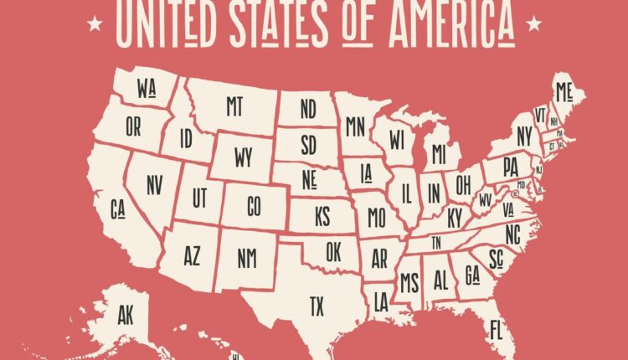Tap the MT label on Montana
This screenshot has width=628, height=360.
click(x=234, y=105)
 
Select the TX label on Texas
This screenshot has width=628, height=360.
click(x=317, y=306)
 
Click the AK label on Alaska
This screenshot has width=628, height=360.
click(x=126, y=316)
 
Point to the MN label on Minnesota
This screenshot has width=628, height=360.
click(x=356, y=126)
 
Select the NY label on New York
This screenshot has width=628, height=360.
click(x=524, y=136)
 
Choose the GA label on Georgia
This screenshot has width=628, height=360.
click(x=471, y=275)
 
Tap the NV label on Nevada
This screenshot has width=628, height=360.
click(x=154, y=186)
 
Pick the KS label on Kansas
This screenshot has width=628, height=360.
click(x=323, y=215)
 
